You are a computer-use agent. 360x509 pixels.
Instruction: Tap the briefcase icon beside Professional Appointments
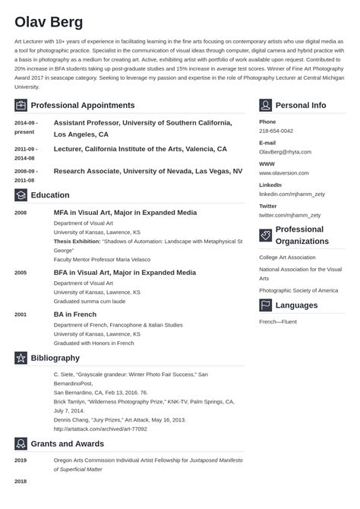point(21,105)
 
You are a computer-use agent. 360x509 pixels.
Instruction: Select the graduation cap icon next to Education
point(21,195)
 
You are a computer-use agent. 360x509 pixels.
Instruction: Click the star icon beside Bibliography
point(21,358)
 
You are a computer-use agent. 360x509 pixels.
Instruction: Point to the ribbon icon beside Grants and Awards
point(21,444)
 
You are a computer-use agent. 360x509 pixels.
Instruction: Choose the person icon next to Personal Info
point(265,105)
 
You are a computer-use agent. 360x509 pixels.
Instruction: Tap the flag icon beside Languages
point(265,305)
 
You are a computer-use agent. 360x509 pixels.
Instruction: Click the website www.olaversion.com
point(287,173)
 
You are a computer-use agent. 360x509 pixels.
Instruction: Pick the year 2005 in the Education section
point(21,272)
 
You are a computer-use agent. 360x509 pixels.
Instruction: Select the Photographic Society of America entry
point(298,290)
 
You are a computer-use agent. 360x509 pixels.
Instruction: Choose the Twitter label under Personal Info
point(267,206)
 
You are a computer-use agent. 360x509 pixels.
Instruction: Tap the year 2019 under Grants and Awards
point(21,460)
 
